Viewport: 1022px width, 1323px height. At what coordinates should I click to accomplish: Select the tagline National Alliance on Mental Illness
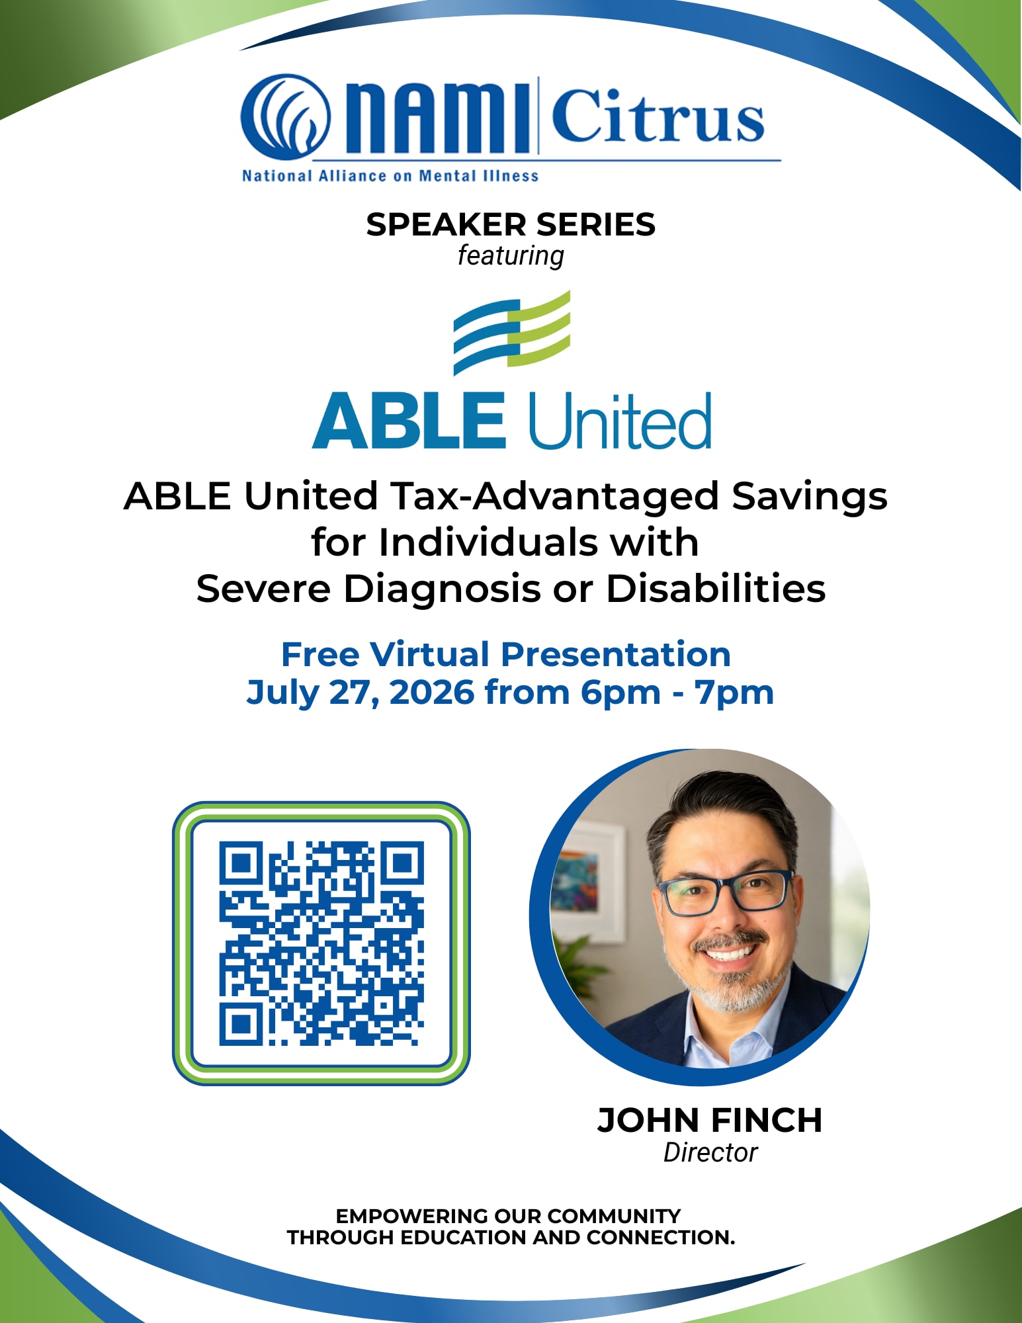[x=390, y=176]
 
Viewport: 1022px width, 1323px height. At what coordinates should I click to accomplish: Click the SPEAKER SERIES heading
[x=511, y=224]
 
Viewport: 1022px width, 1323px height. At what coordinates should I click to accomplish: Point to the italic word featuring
[x=511, y=256]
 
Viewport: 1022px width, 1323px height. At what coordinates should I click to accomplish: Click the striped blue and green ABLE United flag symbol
[x=512, y=333]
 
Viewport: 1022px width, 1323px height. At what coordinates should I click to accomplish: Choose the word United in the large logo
[x=619, y=421]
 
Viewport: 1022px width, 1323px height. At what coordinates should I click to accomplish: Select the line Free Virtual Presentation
[x=506, y=654]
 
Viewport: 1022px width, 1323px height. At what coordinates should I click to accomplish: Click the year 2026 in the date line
[x=431, y=693]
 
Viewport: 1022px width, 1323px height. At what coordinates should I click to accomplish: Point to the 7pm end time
[x=734, y=693]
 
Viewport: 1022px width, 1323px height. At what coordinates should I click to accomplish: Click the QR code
[x=321, y=943]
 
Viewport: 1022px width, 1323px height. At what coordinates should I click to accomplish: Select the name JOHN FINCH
[x=710, y=1120]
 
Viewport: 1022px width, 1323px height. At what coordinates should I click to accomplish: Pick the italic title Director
[x=710, y=1152]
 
